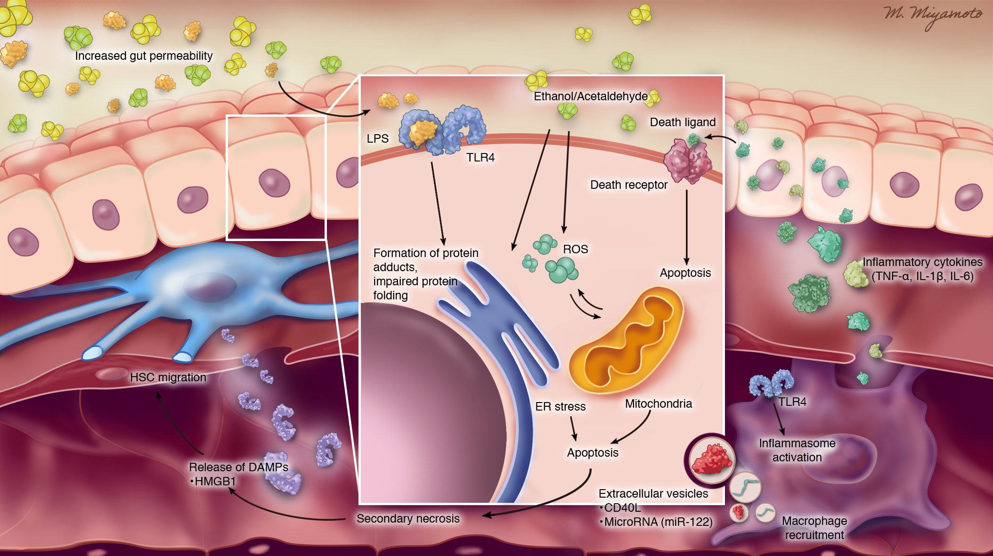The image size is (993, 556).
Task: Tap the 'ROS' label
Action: coord(575,249)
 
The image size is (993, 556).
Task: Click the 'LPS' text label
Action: coord(377,138)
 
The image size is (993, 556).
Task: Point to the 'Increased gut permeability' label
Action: coord(144,56)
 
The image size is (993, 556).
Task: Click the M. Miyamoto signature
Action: coord(932,16)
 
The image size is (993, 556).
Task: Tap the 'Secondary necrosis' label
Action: coord(408,518)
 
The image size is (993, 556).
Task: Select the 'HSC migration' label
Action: coord(168,377)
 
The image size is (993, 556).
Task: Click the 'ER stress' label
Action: coord(560,406)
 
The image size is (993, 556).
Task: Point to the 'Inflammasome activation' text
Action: coord(797,450)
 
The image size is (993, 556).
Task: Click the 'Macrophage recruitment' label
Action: coord(814,528)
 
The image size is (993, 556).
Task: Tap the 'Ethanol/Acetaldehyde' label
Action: coord(590,96)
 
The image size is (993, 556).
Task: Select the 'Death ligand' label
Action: coord(683,122)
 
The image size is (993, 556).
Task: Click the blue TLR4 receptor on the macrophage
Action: coord(771,382)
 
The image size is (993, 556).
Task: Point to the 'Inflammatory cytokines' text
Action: coord(922,262)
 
